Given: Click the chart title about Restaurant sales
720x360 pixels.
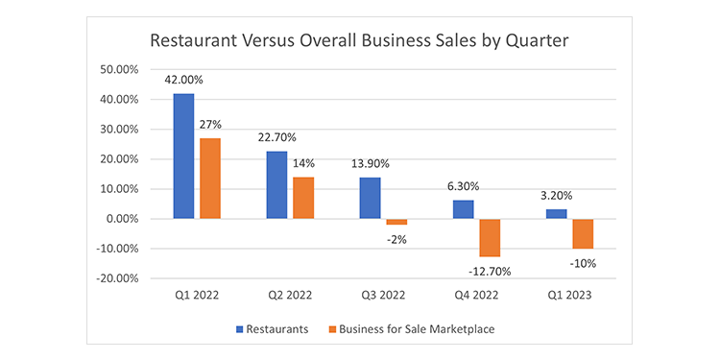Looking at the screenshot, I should click(360, 42).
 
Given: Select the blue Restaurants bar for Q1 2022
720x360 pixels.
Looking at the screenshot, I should click(182, 156).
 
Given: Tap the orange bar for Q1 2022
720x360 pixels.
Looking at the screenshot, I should click(209, 179).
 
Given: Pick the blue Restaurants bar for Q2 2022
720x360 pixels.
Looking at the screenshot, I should click(276, 185).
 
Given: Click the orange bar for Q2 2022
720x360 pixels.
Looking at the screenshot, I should click(303, 198).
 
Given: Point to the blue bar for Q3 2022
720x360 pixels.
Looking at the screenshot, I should click(371, 198).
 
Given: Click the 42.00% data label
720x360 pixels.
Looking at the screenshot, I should click(182, 83).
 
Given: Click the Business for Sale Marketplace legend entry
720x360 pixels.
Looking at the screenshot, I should click(418, 329).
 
